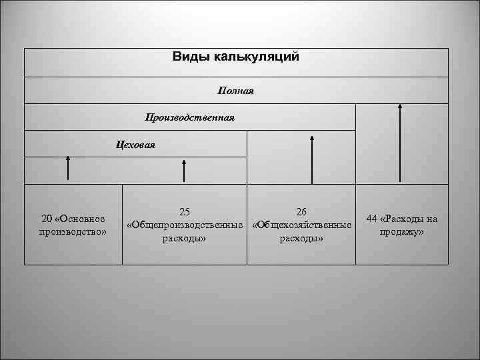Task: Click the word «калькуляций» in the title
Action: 257,57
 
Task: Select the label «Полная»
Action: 236,89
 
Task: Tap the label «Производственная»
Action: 190,117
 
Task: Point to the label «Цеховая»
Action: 135,144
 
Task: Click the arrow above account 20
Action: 68,168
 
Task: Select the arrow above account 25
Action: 184,170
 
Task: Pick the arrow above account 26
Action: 311,159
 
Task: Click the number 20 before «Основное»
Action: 47,219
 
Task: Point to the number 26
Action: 301,212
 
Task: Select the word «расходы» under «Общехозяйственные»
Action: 301,238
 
